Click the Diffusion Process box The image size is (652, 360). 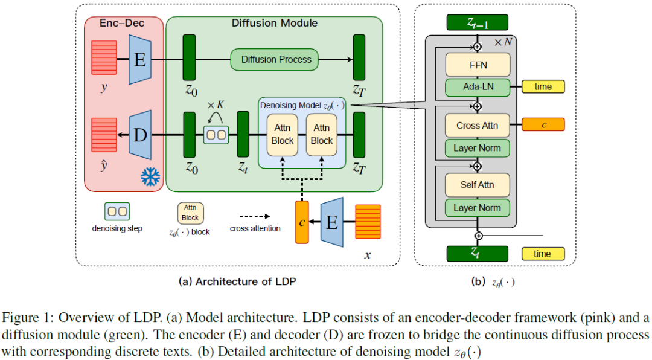(x=276, y=59)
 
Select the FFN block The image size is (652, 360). (x=477, y=63)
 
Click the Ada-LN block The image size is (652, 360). (x=477, y=86)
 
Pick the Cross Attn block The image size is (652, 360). (x=477, y=125)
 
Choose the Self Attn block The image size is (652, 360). (x=477, y=184)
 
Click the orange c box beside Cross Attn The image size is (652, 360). (x=543, y=124)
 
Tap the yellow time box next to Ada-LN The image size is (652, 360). (x=543, y=86)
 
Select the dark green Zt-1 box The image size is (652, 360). (x=477, y=23)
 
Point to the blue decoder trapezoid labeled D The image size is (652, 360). (x=140, y=135)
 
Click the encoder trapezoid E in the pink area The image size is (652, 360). (x=140, y=59)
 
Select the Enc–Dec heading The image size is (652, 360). (x=123, y=23)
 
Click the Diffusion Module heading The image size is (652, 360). (x=275, y=23)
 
